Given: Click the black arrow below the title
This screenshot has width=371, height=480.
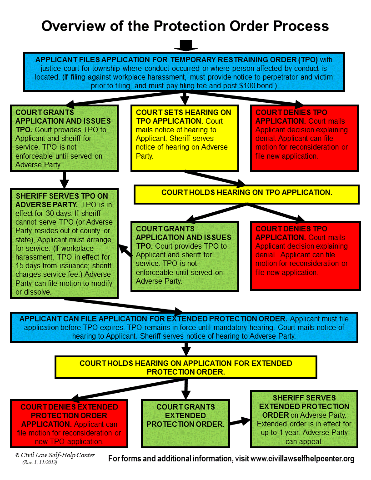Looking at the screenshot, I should pyautogui.click(x=185, y=45).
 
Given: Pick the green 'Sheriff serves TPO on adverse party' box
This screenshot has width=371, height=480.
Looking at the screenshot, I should pyautogui.click(x=64, y=243).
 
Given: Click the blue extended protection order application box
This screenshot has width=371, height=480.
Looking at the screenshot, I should pyautogui.click(x=185, y=327).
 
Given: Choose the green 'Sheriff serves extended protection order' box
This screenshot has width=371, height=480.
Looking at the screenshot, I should pyautogui.click(x=304, y=420).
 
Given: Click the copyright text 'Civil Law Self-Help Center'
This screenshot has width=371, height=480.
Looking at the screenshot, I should pyautogui.click(x=58, y=455).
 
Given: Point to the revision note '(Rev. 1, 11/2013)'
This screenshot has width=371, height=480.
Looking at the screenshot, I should pyautogui.click(x=40, y=462).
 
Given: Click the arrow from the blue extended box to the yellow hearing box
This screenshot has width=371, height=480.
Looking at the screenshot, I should pyautogui.click(x=185, y=349).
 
